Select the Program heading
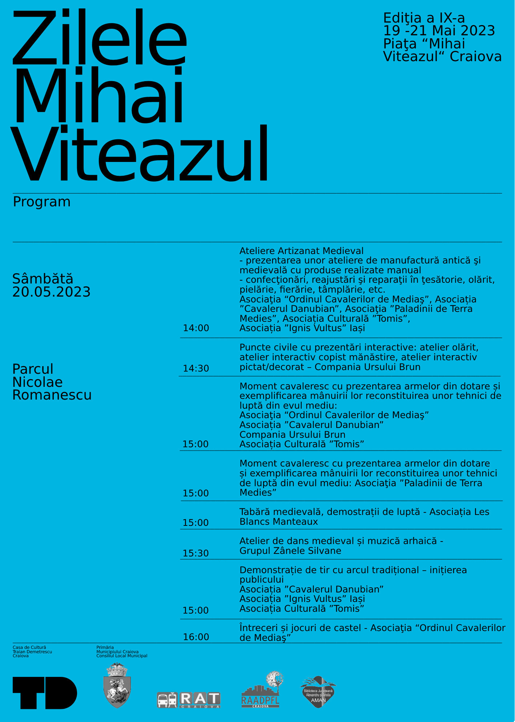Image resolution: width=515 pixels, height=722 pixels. (x=42, y=202)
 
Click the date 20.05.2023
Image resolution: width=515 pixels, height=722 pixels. (x=51, y=292)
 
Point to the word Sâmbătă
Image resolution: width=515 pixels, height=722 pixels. (x=43, y=279)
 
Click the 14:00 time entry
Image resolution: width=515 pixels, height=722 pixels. (x=196, y=328)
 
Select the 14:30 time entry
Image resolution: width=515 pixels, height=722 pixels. (x=196, y=369)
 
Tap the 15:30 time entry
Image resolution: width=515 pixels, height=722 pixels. (x=196, y=554)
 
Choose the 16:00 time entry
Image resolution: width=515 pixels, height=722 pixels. (x=196, y=637)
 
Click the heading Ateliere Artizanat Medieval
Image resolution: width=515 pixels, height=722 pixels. (x=301, y=251)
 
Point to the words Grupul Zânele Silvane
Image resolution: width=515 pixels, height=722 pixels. (x=290, y=551)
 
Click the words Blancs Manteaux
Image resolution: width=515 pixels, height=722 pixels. (x=278, y=522)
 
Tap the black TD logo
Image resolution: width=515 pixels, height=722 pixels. (x=45, y=693)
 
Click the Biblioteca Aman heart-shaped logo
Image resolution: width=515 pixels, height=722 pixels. (x=318, y=692)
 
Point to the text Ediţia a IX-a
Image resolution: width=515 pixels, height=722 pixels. (x=424, y=18)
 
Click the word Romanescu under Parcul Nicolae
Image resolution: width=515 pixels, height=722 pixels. (x=52, y=395)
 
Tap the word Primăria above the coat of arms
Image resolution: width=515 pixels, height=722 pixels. (x=105, y=647)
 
